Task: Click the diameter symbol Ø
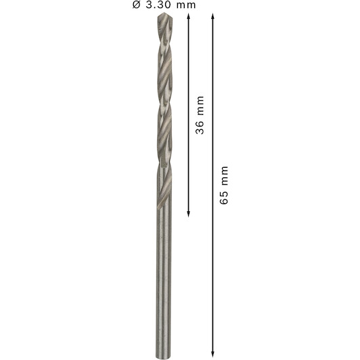point(136,4)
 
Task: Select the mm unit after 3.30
point(186,5)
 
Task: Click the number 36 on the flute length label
point(200,127)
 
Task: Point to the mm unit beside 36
point(200,106)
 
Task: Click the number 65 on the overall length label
point(224,197)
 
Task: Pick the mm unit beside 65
point(225,176)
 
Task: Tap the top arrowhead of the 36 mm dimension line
point(189,16)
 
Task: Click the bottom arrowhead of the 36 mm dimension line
point(189,214)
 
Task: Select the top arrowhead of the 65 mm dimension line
point(213,16)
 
